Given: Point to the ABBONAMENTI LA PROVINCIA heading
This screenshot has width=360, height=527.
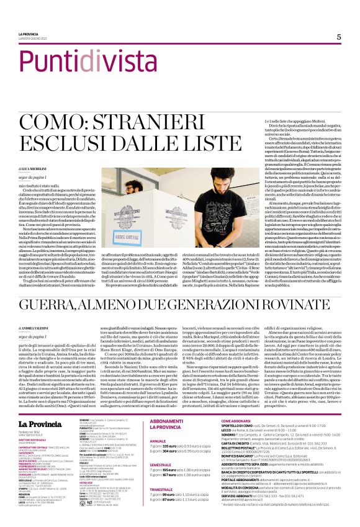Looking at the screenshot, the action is (168, 424).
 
